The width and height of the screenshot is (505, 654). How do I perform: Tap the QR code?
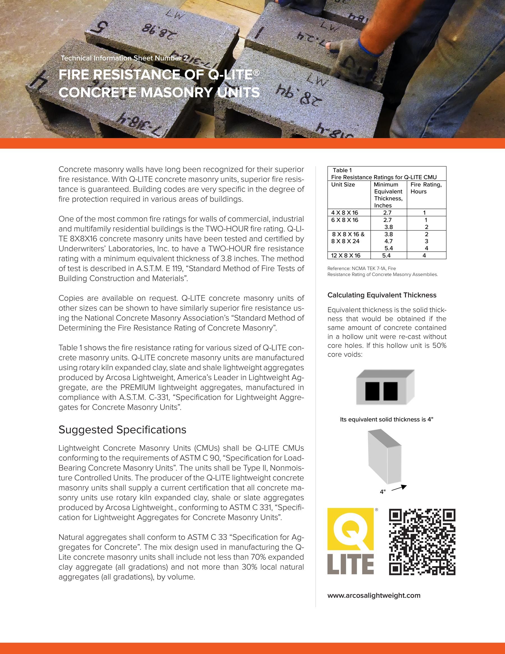pos(422,542)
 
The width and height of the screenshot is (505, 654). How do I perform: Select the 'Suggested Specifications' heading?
pos(122,430)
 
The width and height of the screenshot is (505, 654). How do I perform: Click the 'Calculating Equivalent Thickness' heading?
pos(382,295)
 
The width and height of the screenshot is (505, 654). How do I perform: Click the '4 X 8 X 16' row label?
pos(344,213)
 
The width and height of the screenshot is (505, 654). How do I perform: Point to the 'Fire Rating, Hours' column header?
pos(426,188)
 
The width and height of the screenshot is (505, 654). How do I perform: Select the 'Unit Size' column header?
pos(343,185)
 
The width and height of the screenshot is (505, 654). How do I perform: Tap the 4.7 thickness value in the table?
pos(388,241)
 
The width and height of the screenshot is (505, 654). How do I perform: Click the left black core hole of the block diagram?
pos(372,391)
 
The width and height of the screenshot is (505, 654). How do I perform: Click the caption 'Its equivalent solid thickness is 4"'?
pos(387,420)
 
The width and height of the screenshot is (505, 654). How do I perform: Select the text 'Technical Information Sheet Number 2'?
pos(124,58)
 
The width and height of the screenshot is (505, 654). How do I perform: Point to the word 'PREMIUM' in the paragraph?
pos(138,388)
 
